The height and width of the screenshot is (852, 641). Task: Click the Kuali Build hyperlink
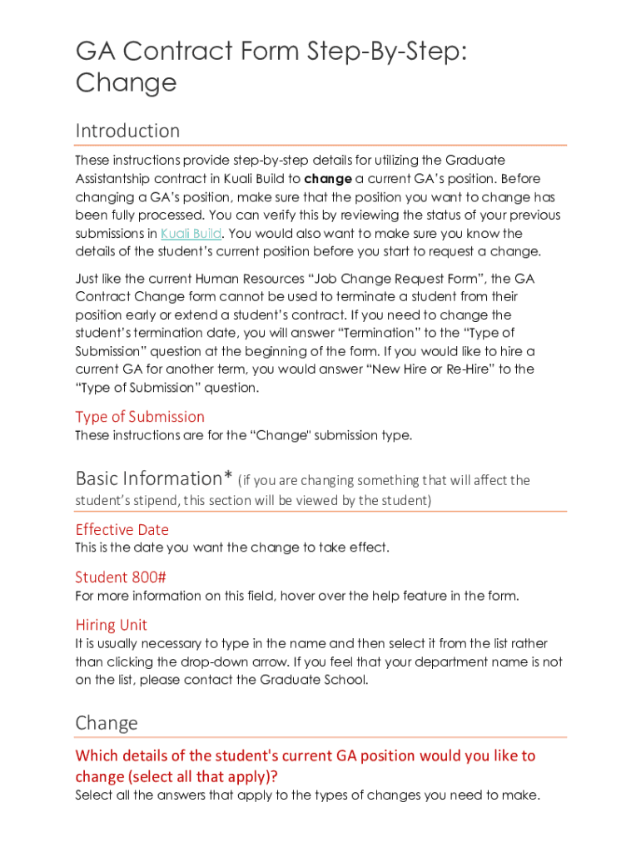pyautogui.click(x=191, y=234)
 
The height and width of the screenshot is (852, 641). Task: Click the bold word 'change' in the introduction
pyautogui.click(x=328, y=179)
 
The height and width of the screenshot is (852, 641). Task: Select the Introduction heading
pyautogui.click(x=127, y=131)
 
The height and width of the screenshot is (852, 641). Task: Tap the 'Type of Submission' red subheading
pyautogui.click(x=140, y=417)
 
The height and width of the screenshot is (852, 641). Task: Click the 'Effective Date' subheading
pyautogui.click(x=122, y=530)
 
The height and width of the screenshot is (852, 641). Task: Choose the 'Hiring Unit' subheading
pyautogui.click(x=111, y=625)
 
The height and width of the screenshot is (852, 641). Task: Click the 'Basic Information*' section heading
pyautogui.click(x=154, y=478)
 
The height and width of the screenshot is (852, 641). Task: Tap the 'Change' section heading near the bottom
pyautogui.click(x=107, y=722)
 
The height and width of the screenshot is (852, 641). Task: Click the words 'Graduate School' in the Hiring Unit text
pyautogui.click(x=317, y=681)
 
